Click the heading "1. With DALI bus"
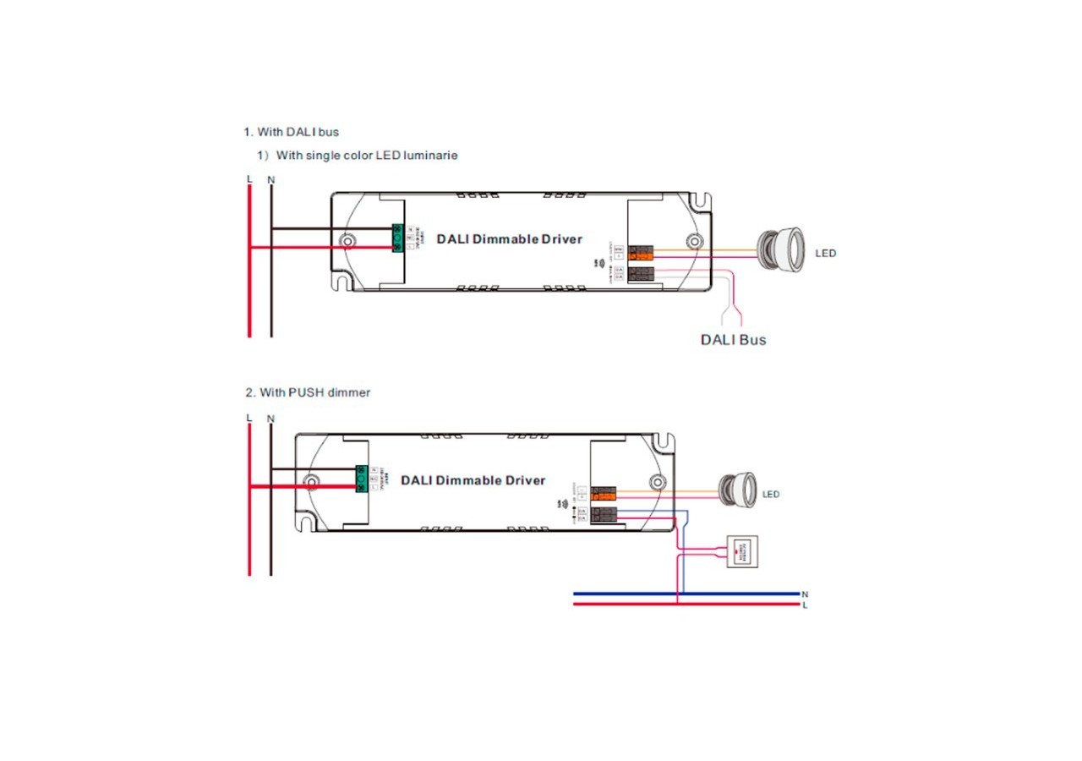click(x=292, y=133)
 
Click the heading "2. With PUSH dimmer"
click(x=308, y=393)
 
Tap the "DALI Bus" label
click(x=733, y=340)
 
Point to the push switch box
click(x=742, y=551)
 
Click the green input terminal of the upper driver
click(x=396, y=238)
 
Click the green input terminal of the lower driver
click(x=361, y=479)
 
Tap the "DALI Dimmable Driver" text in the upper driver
click(x=509, y=239)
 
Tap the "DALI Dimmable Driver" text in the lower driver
click(x=473, y=481)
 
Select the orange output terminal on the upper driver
click(x=643, y=253)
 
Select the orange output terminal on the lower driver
click(x=604, y=493)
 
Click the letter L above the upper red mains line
click(x=249, y=179)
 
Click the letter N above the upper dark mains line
click(x=270, y=179)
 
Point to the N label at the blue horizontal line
click(x=805, y=594)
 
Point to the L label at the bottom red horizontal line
click(x=805, y=605)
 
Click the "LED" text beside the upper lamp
click(x=826, y=254)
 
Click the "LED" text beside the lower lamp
click(x=771, y=495)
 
